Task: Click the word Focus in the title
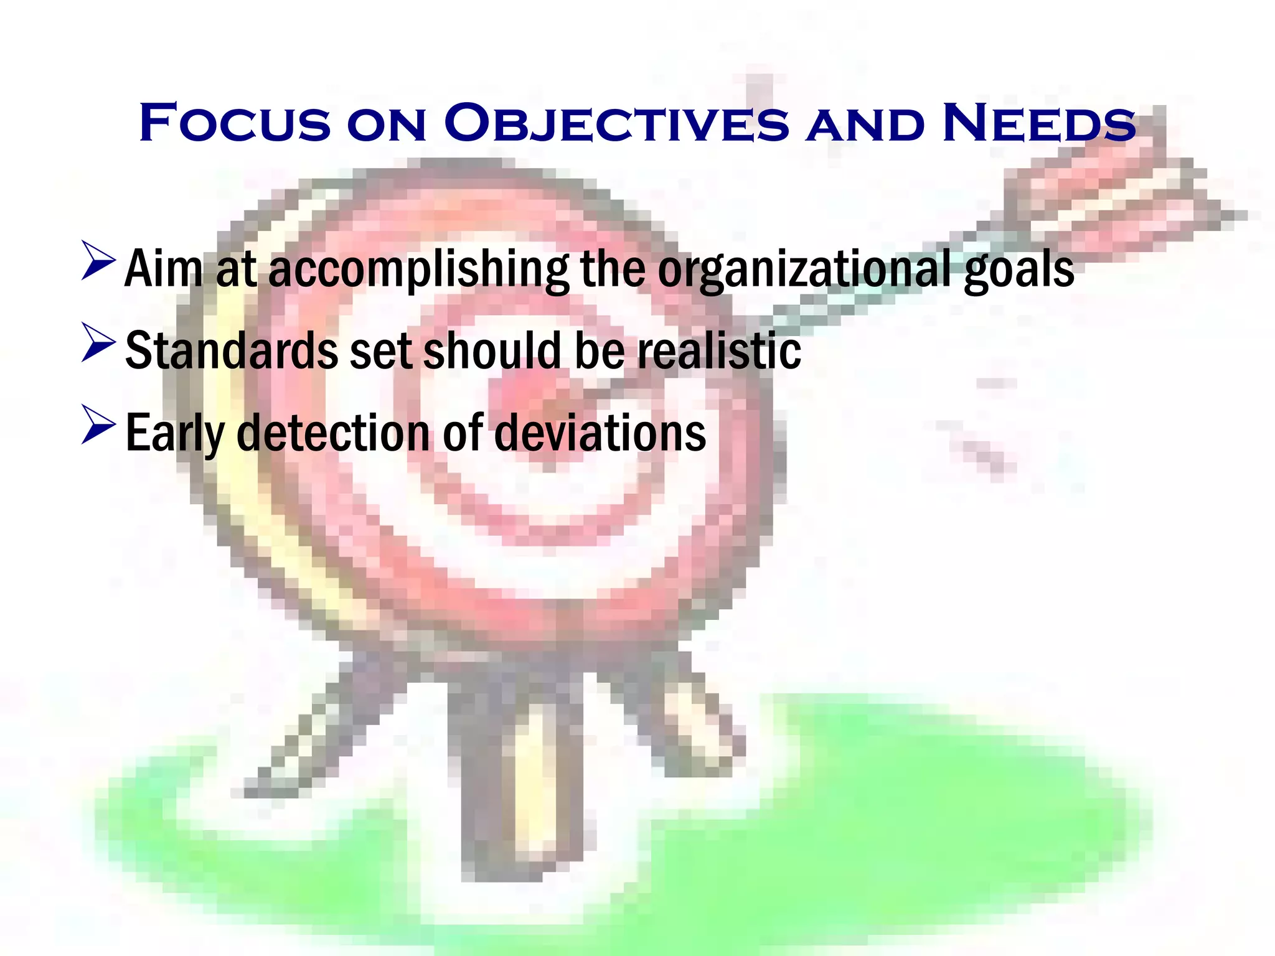pos(235,123)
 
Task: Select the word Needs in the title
pos(1038,123)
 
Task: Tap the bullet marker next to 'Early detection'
pos(98,425)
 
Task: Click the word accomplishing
pos(418,269)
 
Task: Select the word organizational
pos(804,269)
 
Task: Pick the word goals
pos(1019,269)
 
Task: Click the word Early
pos(174,433)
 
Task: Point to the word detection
pos(333,433)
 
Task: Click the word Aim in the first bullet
pos(164,269)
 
